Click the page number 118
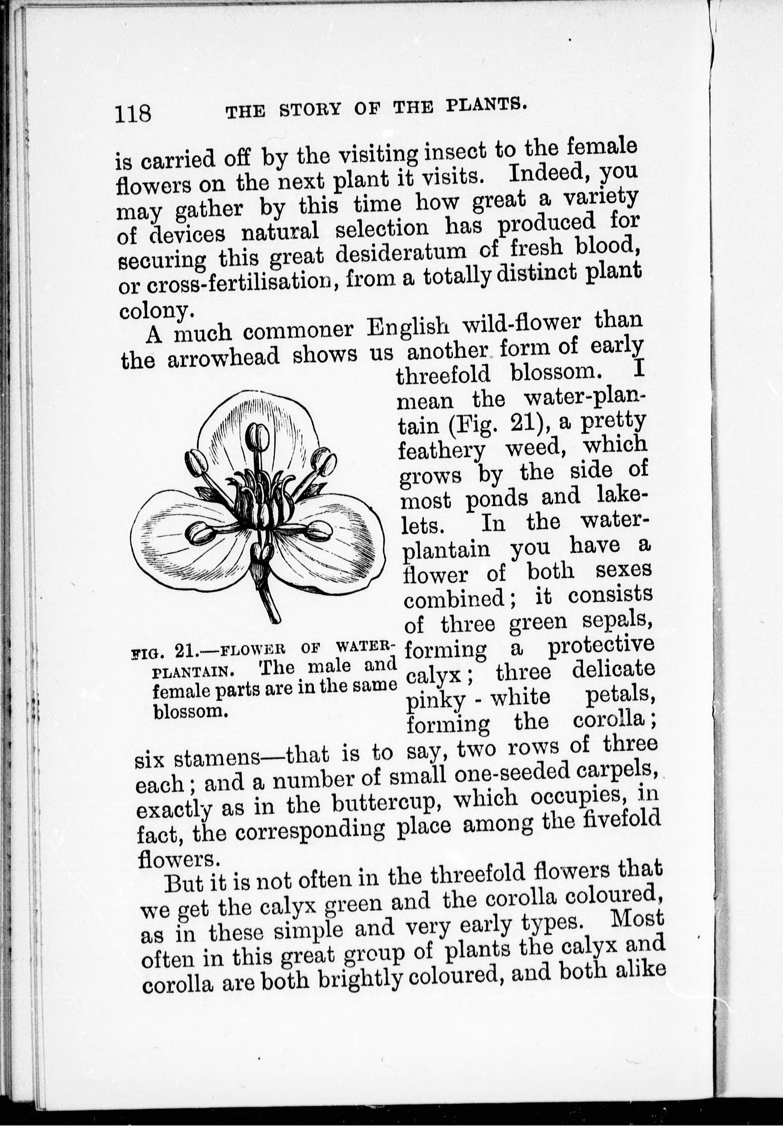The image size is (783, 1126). [x=133, y=115]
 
